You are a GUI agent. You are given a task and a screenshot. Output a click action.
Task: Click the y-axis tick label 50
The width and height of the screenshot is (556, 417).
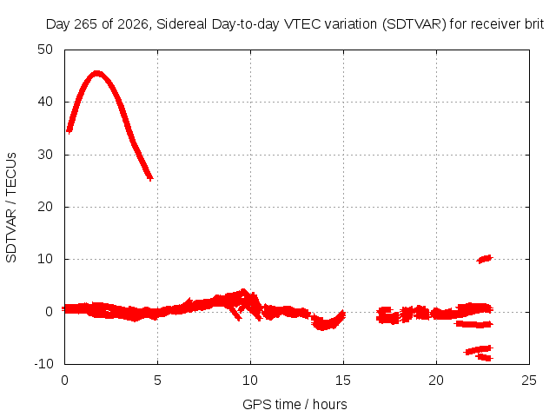pyautogui.click(x=45, y=50)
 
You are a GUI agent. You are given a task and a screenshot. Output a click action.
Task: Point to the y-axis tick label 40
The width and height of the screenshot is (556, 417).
pyautogui.click(x=45, y=102)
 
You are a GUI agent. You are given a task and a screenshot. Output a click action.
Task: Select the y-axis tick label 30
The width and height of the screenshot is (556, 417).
pyautogui.click(x=45, y=155)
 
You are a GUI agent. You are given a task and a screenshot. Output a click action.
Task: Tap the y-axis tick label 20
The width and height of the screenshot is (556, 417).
pyautogui.click(x=45, y=207)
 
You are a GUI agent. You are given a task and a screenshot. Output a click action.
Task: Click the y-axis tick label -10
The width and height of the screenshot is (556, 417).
pyautogui.click(x=43, y=364)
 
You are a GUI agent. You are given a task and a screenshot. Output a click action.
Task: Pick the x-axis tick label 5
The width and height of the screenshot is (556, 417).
pyautogui.click(x=157, y=381)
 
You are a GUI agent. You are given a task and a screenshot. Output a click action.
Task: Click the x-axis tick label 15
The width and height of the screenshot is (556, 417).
pyautogui.click(x=343, y=381)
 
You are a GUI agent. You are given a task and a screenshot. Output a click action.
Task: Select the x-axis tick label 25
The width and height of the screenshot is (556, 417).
pyautogui.click(x=529, y=381)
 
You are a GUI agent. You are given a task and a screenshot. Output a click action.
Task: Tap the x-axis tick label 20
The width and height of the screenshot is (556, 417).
pyautogui.click(x=436, y=381)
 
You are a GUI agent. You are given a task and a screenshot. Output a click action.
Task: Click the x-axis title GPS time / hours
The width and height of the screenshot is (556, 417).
pyautogui.click(x=295, y=404)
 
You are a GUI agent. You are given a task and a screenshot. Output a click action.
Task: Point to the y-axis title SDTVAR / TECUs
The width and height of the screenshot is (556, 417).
pyautogui.click(x=11, y=208)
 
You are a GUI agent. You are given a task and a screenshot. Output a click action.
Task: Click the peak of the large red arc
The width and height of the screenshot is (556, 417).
pyautogui.click(x=97, y=74)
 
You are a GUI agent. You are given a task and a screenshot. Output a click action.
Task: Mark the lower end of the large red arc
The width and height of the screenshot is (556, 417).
pyautogui.click(x=150, y=177)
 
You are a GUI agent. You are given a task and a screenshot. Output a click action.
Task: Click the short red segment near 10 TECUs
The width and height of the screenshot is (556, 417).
pyautogui.click(x=485, y=259)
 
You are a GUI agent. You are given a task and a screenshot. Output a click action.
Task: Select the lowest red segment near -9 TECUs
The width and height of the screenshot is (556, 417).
pyautogui.click(x=485, y=357)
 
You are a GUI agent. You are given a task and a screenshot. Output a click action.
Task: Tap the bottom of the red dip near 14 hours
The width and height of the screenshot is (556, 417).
pyautogui.click(x=322, y=327)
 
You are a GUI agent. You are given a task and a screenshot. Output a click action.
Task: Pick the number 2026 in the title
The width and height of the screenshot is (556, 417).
pyautogui.click(x=133, y=24)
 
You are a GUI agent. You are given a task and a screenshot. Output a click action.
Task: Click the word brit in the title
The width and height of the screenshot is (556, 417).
pyautogui.click(x=534, y=24)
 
